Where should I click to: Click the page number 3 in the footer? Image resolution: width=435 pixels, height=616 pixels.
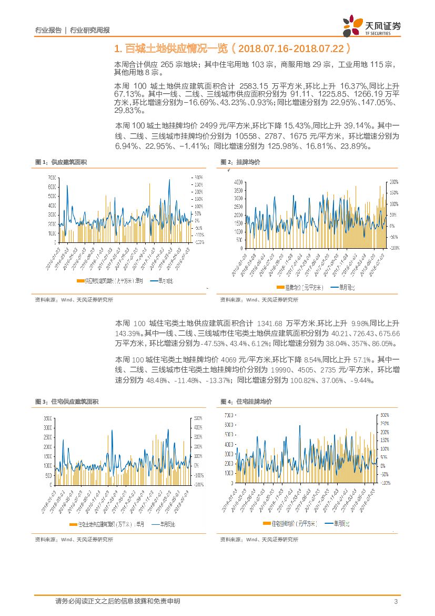[395, 602]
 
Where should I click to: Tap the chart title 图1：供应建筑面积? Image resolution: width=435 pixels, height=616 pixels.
[60, 162]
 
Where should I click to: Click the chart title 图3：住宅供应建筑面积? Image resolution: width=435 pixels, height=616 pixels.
[66, 402]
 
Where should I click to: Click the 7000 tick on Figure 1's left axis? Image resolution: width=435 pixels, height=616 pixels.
[52, 177]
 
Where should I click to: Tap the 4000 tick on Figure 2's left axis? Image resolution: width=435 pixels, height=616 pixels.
[238, 181]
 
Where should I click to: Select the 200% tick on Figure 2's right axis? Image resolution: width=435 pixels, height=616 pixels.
[393, 181]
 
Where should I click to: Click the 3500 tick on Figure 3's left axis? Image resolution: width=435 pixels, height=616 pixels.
[46, 418]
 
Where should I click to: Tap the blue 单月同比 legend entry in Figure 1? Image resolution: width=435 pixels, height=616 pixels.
[161, 281]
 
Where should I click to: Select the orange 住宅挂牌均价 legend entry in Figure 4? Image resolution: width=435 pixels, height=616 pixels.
[290, 523]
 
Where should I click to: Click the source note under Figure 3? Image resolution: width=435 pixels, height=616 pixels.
[74, 540]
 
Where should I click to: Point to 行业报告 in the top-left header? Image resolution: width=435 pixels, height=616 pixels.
[48, 30]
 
